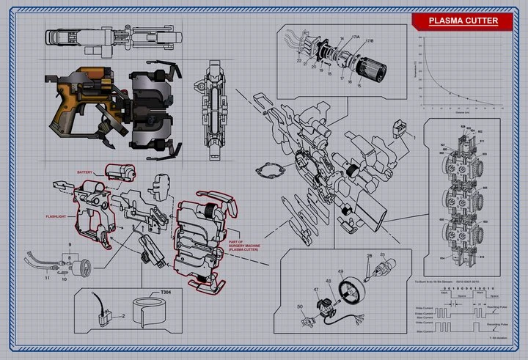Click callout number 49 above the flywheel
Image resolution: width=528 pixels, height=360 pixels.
pyautogui.click(x=340, y=271)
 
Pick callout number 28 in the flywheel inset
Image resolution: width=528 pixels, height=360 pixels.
pyautogui.click(x=369, y=256)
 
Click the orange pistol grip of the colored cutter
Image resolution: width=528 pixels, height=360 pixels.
pyautogui.click(x=65, y=109)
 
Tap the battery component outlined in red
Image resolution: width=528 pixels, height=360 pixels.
pyautogui.click(x=120, y=172)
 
